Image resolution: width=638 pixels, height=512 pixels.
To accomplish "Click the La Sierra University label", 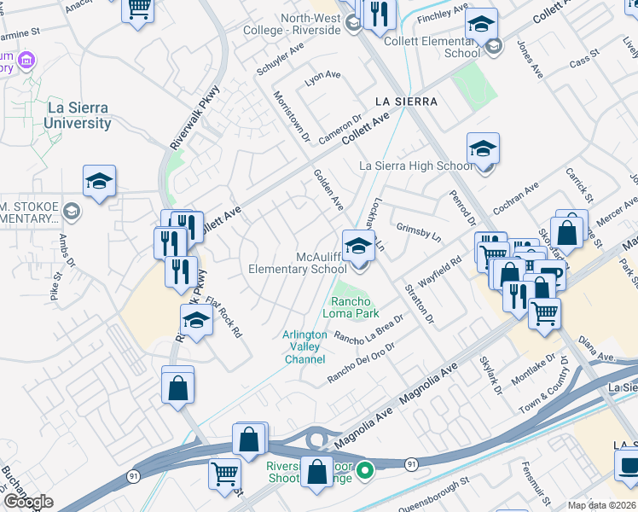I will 78,115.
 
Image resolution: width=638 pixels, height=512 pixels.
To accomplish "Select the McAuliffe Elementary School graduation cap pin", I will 359,247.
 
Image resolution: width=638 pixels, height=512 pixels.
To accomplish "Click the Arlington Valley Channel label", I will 304,347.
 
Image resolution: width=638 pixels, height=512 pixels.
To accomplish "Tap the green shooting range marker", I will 365,469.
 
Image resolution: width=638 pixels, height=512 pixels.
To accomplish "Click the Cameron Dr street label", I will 340,130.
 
